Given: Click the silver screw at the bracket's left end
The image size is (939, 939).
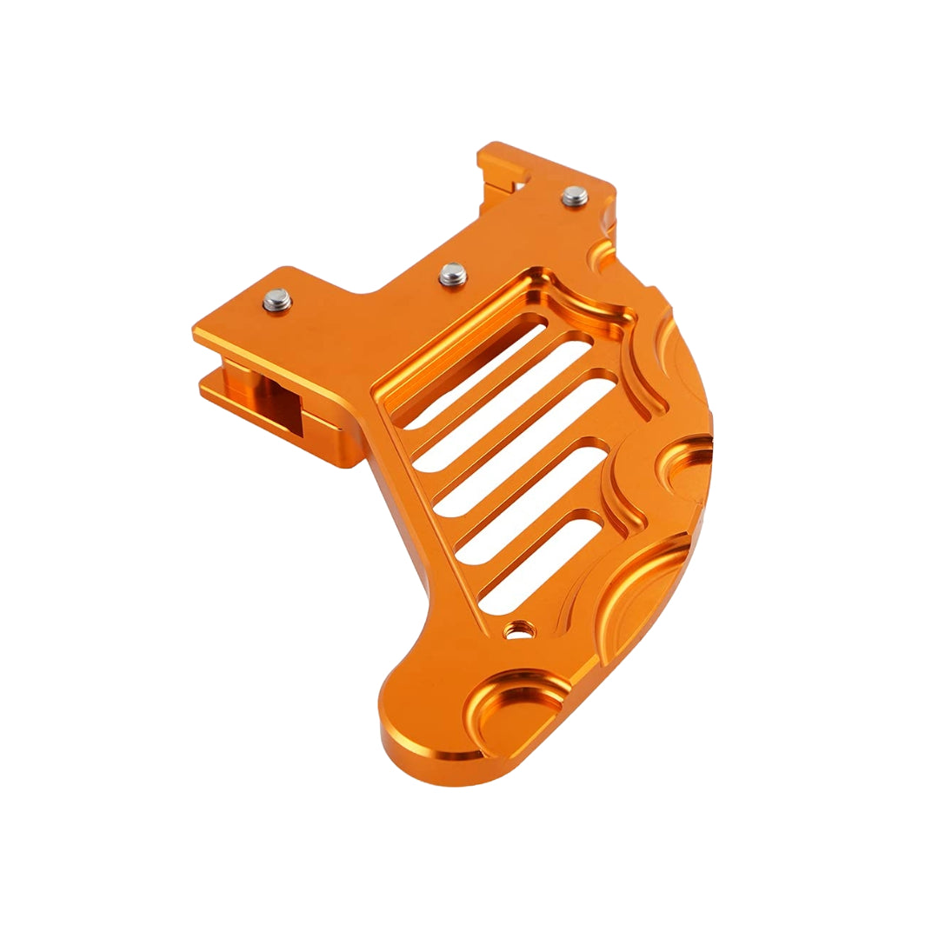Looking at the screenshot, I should click(277, 301).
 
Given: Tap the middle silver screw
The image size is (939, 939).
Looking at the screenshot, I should click(452, 275).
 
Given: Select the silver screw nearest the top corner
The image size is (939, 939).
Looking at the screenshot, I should click(575, 196).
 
